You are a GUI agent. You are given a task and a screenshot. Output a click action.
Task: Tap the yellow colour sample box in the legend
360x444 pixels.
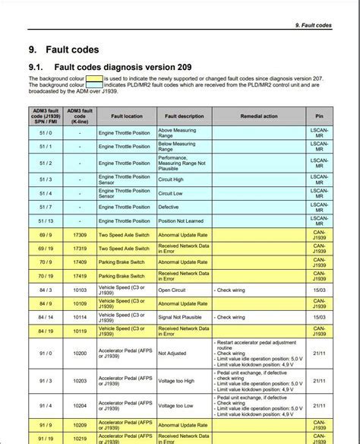[93, 78]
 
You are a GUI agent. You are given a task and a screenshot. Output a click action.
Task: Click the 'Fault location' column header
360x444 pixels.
[126, 116]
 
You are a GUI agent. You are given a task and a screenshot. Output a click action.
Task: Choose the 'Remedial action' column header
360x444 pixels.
[258, 116]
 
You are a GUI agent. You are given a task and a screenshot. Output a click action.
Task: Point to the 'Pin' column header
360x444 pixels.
[319, 116]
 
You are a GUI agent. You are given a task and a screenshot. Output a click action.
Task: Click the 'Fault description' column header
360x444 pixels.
[184, 116]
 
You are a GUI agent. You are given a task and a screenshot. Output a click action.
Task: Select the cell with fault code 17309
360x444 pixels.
[80, 236]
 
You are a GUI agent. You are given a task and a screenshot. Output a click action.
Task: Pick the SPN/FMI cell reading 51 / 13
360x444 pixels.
[46, 220]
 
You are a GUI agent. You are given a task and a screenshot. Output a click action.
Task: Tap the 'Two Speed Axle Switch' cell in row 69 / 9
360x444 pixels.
[125, 236]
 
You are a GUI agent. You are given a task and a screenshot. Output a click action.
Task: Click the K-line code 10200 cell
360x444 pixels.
[80, 353]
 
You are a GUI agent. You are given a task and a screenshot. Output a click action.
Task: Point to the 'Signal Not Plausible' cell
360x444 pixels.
[183, 316]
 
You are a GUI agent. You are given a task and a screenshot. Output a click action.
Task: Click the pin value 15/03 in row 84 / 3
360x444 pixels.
[319, 290]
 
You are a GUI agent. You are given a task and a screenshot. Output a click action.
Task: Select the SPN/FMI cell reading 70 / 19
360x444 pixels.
[46, 276]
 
